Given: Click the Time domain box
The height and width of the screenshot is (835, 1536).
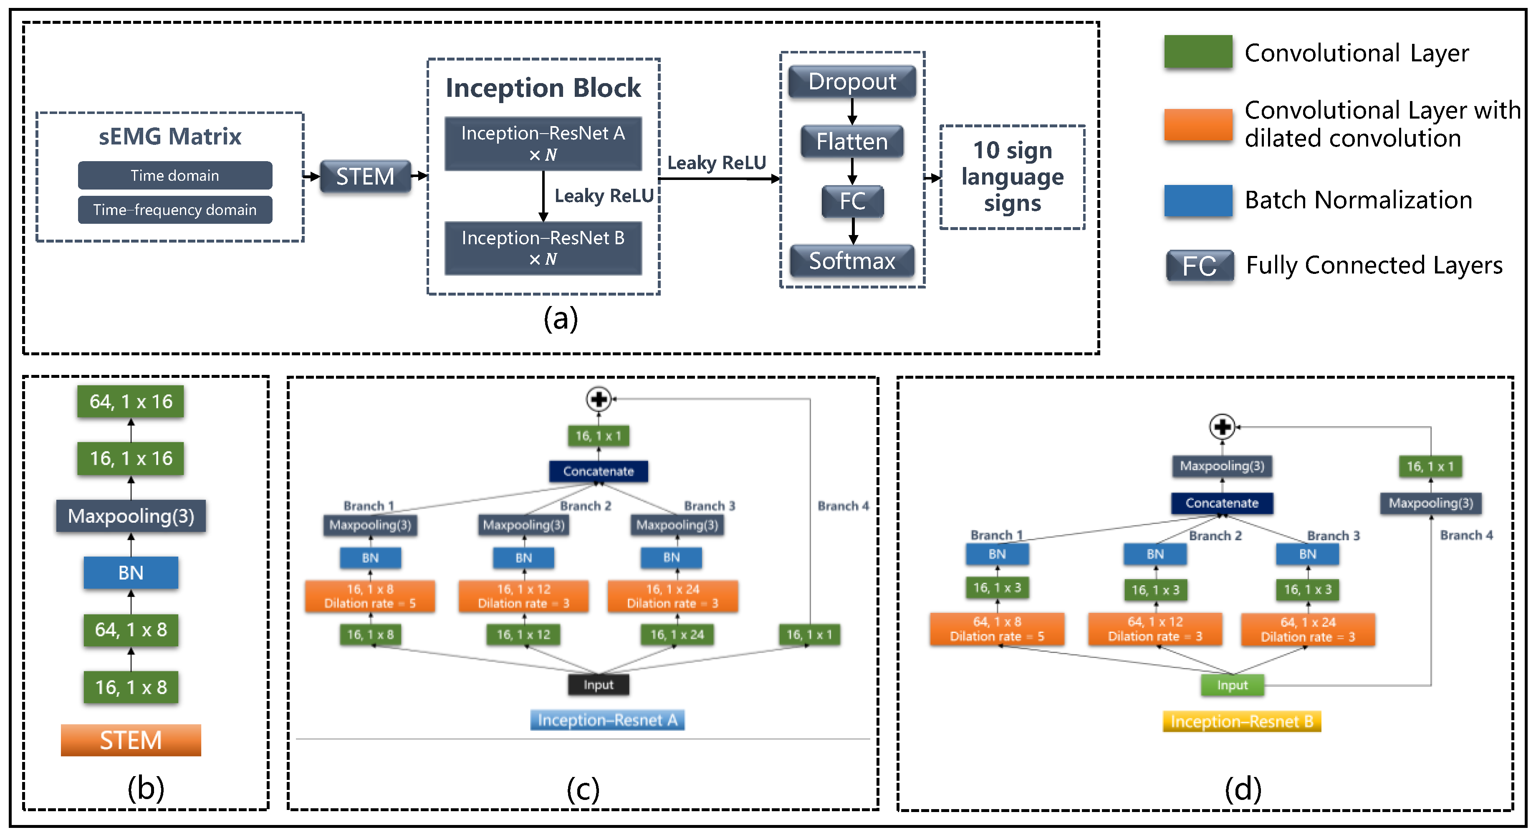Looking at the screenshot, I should tap(175, 175).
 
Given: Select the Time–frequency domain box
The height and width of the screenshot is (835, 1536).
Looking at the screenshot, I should tap(175, 210).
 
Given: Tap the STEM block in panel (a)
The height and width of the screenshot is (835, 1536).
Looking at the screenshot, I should tap(365, 177).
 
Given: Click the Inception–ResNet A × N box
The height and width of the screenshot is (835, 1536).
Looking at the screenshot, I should tap(543, 144).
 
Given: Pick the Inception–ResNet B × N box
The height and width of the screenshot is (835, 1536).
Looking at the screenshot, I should tap(543, 248).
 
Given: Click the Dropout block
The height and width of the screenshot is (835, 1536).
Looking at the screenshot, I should tap(851, 82).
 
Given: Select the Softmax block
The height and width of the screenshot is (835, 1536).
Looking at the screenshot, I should tap(851, 261).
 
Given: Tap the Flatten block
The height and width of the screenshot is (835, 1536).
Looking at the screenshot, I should tap(851, 142).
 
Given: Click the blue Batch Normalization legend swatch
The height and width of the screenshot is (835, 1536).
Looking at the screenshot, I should tap(1197, 200).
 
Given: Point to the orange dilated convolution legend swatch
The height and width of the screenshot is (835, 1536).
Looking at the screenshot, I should tap(1197, 125).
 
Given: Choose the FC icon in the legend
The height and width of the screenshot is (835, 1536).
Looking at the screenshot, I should tap(1199, 266).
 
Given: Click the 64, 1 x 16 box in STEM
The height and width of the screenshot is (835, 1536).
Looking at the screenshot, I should tap(131, 401).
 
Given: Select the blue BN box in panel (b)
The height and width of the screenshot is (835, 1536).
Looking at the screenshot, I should tap(131, 572).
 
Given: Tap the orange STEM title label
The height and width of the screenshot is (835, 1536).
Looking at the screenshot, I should tap(131, 740).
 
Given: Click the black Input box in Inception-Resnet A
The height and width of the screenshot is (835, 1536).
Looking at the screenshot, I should tap(598, 685).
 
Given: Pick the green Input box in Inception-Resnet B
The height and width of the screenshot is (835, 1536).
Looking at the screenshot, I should tap(1232, 685).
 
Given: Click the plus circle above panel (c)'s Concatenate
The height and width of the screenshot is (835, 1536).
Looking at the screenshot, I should tap(599, 399).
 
